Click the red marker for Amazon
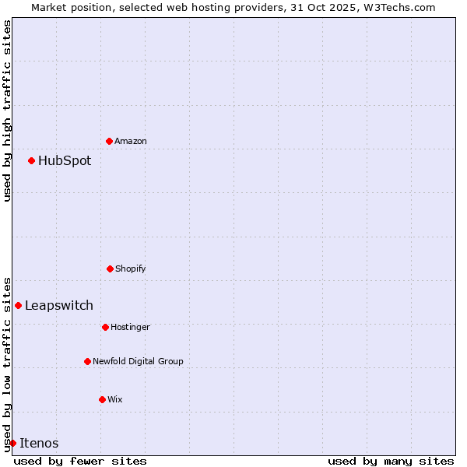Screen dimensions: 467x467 point(109,141)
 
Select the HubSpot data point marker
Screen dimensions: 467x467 point(31,160)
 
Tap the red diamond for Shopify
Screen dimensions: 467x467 point(110,269)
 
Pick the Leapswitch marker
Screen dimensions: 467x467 point(18,305)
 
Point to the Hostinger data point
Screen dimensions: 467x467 point(105,327)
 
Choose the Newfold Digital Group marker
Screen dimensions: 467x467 point(87,361)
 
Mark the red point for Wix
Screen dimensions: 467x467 point(102,399)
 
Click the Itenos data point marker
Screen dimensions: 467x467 point(12,443)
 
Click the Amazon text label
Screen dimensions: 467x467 point(131,141)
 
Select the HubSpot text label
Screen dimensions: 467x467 point(65,161)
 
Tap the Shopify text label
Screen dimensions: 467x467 point(131,269)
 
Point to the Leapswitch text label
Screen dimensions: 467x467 point(59,306)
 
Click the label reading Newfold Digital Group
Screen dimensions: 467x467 point(138,361)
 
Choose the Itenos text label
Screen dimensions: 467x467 point(39,444)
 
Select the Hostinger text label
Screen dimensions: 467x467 point(130,327)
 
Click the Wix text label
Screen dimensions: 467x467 point(115,399)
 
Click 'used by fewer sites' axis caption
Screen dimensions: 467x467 point(80,461)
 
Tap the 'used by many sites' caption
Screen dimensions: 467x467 point(391,461)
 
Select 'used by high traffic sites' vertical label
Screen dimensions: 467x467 point(7,111)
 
